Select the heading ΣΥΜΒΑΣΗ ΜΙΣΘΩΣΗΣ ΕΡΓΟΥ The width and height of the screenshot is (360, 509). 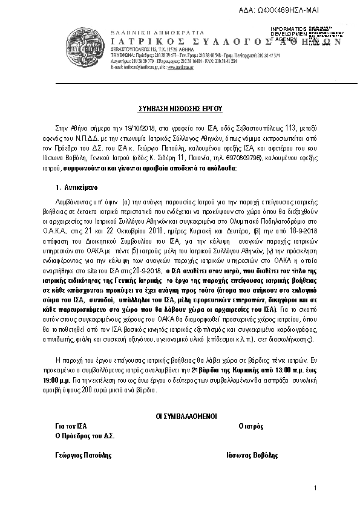[179, 109]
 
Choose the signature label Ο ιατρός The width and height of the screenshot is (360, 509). [251, 426]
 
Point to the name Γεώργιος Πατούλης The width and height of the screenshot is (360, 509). [82, 455]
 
